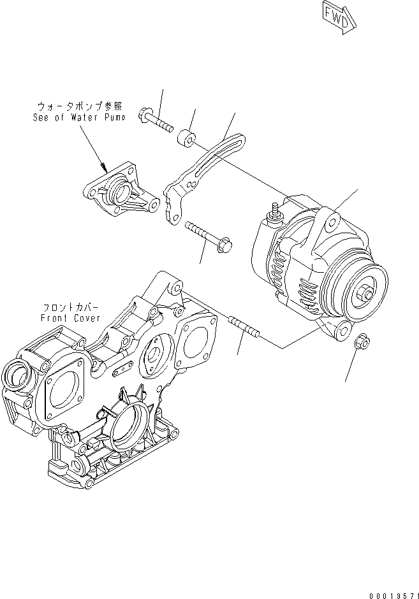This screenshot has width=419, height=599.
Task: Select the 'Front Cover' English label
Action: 67,317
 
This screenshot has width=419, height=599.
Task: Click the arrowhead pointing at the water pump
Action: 106,170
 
